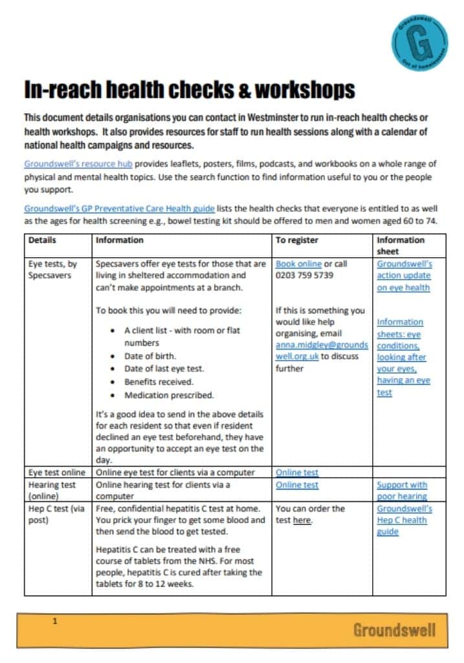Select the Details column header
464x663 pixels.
(42, 240)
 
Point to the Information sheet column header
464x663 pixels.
(401, 245)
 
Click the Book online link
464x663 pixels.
(298, 264)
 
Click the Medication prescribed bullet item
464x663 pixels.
(169, 395)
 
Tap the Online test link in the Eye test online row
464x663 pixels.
(297, 473)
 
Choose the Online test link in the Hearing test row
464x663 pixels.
(297, 484)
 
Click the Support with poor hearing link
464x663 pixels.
(402, 490)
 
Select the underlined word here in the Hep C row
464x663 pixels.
(302, 521)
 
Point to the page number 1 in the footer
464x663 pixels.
(55, 621)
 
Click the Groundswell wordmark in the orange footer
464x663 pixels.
(394, 630)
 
